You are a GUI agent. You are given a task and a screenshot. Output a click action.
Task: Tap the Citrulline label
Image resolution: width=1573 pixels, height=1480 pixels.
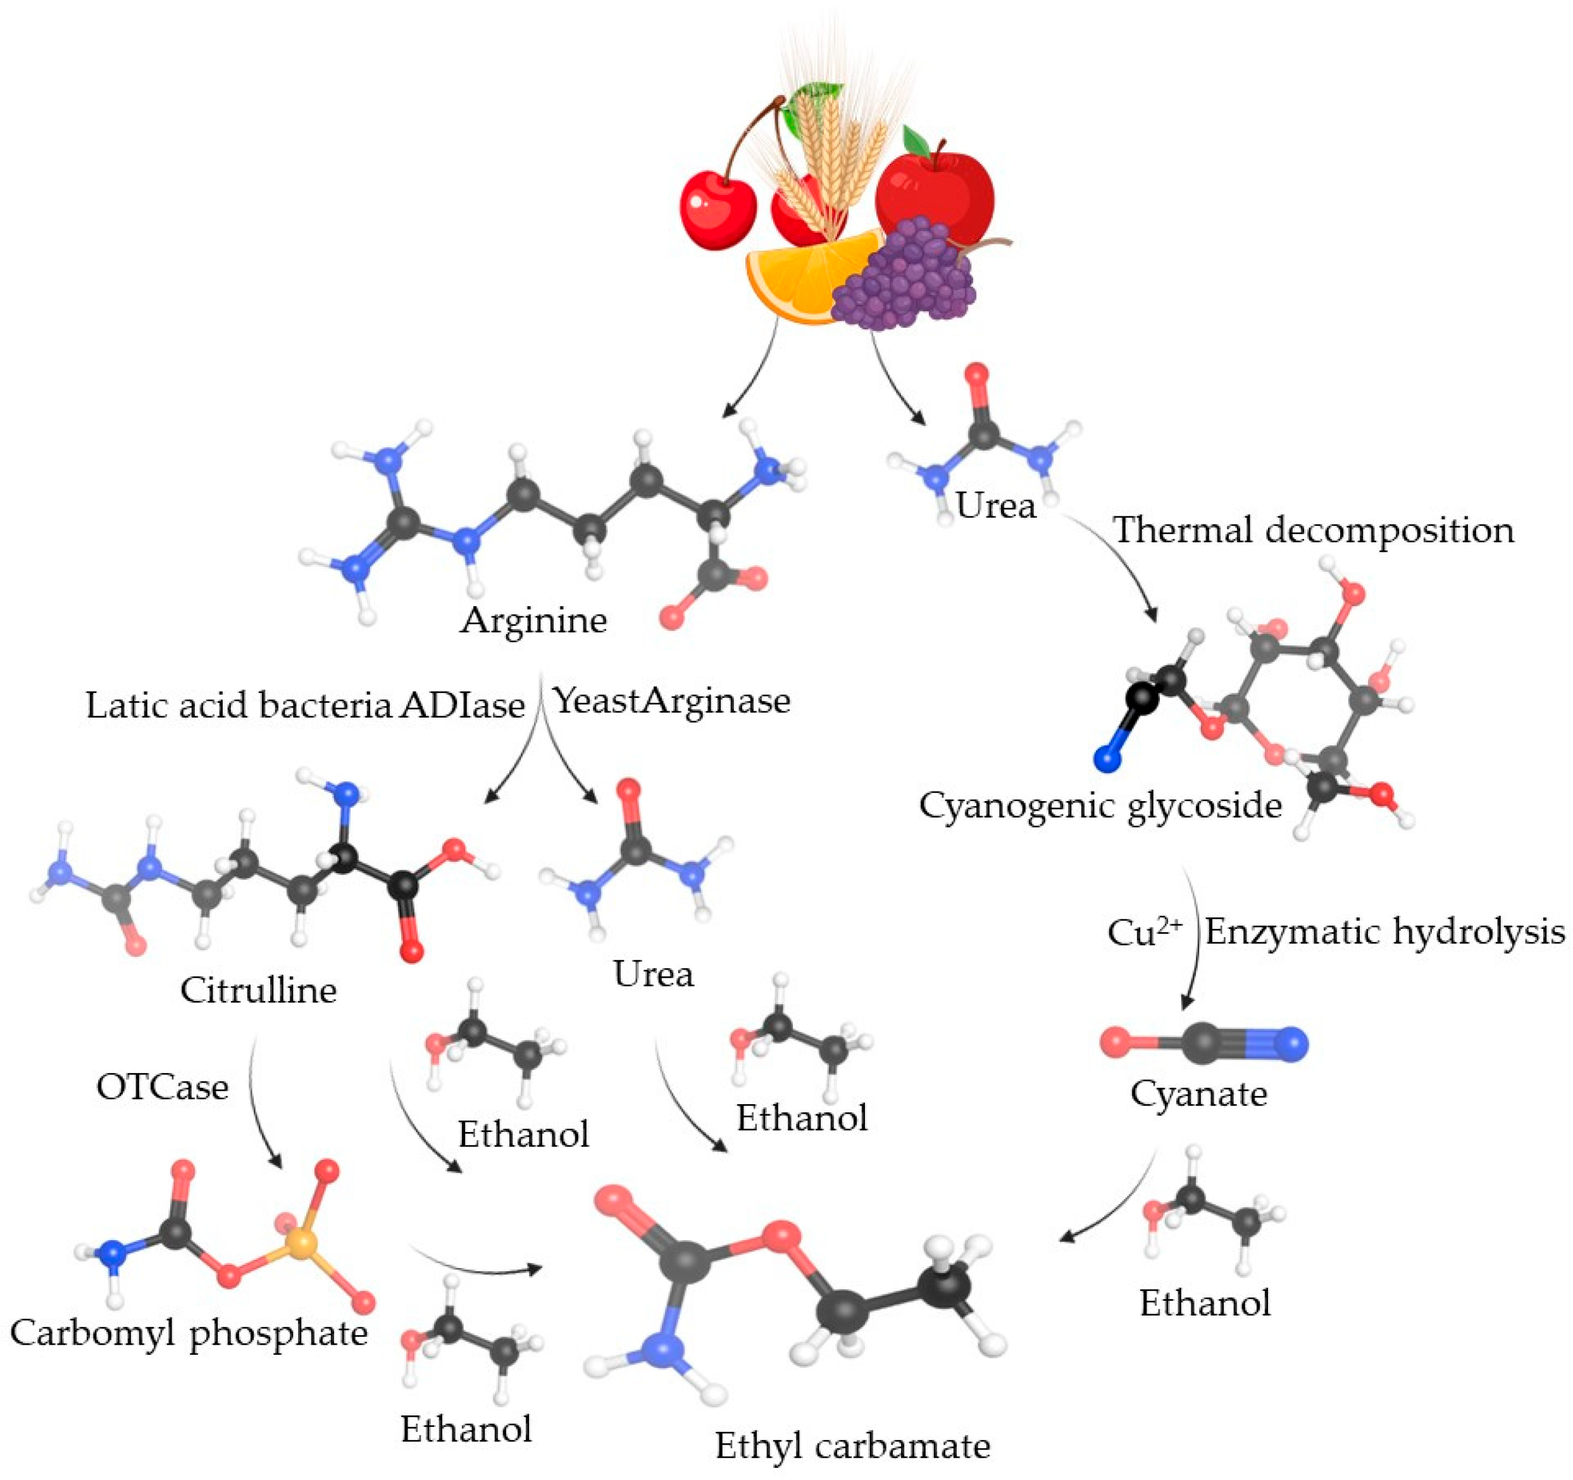(x=258, y=990)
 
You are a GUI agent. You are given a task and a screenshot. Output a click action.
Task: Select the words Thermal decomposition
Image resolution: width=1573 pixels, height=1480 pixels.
(x=1314, y=530)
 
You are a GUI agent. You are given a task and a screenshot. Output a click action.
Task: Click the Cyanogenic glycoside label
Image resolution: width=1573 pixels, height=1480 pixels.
(x=1100, y=805)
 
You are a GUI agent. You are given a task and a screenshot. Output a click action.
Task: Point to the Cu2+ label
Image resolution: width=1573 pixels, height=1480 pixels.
(x=1143, y=931)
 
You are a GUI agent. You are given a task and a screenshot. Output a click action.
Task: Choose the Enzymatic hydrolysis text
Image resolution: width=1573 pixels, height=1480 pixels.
(x=1384, y=931)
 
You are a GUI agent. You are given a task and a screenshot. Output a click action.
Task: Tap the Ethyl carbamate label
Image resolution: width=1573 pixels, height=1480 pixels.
(x=852, y=1446)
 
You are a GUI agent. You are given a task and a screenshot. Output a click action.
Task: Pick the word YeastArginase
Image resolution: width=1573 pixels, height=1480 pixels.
(x=671, y=700)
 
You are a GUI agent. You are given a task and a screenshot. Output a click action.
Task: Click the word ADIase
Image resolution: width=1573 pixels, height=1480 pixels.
(x=461, y=704)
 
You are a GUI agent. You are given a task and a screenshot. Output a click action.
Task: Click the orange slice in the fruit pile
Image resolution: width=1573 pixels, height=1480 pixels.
(x=799, y=277)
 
